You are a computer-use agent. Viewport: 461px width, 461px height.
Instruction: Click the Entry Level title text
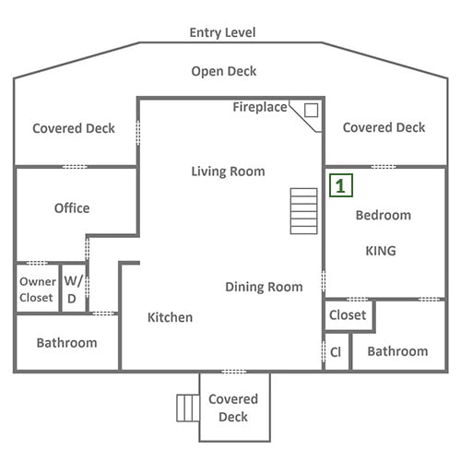[222, 32]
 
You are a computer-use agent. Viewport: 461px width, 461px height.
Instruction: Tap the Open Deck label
[224, 71]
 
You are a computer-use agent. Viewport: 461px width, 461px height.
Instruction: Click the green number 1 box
[341, 185]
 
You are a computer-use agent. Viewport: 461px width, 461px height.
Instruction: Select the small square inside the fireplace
[311, 111]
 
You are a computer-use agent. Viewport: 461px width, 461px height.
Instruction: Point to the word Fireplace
[260, 107]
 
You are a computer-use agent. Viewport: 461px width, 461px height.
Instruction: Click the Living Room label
[228, 171]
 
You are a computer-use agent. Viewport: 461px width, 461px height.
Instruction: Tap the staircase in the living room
[303, 211]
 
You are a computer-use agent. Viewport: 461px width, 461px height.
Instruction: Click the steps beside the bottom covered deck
[188, 408]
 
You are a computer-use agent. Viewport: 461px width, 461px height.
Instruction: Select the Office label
[72, 208]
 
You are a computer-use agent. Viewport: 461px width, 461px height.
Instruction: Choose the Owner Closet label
[38, 290]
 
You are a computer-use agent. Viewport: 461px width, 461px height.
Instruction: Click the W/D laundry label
[73, 290]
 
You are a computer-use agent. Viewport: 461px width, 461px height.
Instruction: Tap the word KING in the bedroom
[381, 251]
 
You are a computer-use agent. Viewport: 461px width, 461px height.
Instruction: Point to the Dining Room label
[264, 287]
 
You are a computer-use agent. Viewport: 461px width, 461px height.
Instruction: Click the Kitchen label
[170, 317]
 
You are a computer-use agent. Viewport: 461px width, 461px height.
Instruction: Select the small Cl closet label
[336, 352]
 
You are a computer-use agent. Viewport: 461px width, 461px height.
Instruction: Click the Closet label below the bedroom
[348, 315]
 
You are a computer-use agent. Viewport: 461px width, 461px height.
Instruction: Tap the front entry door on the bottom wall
[234, 372]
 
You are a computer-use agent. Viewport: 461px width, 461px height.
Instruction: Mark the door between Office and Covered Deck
[75, 167]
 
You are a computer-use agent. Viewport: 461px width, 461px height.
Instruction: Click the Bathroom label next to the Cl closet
[397, 351]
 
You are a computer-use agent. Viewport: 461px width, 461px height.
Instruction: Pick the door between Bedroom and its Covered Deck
[384, 167]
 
